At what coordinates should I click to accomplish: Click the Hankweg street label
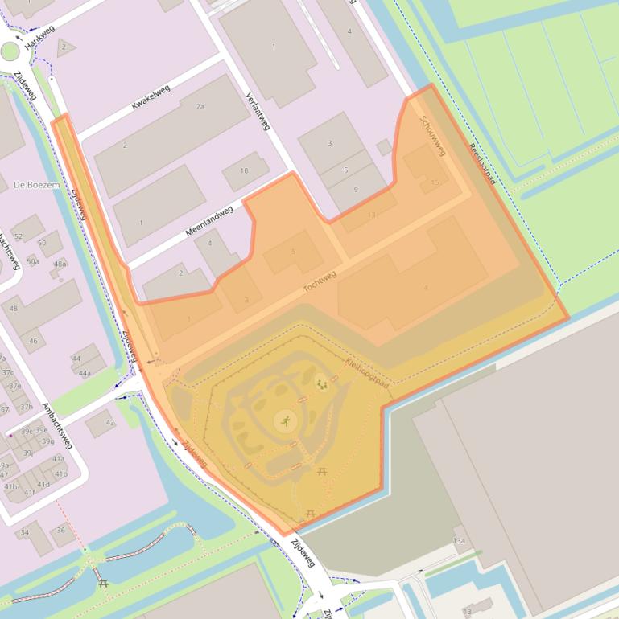39,37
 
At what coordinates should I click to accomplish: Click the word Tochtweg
320,282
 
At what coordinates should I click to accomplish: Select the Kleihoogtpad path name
367,374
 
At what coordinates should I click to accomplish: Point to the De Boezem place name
36,185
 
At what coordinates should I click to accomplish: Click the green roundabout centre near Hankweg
10,52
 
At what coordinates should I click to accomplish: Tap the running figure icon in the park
286,420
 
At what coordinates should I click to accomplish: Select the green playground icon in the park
322,385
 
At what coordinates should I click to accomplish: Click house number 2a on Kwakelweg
200,106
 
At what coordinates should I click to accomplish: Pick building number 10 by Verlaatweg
245,170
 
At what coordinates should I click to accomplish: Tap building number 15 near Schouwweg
435,182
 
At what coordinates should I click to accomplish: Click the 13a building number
459,540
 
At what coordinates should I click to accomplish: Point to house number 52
19,236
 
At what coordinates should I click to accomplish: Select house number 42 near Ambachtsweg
109,422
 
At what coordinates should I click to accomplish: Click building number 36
60,530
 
